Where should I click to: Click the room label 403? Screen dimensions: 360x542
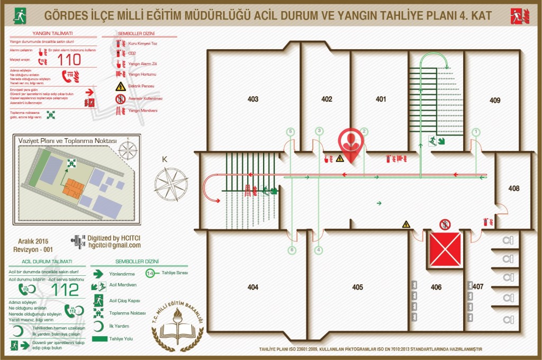click(253, 99)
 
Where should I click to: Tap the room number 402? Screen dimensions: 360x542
click(327, 99)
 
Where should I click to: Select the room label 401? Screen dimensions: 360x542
click(381, 99)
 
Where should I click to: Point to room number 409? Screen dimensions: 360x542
click(495, 100)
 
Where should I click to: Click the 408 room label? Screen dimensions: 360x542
click(513, 188)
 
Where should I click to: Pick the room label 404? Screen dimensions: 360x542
click(253, 287)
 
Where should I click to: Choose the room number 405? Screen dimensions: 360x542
click(358, 287)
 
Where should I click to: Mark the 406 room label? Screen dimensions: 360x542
click(436, 287)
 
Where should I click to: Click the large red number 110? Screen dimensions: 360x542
click(69, 59)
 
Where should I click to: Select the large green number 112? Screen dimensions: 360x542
click(64, 290)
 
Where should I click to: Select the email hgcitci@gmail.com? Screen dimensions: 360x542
click(114, 246)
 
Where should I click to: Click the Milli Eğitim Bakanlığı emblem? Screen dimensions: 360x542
click(180, 324)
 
